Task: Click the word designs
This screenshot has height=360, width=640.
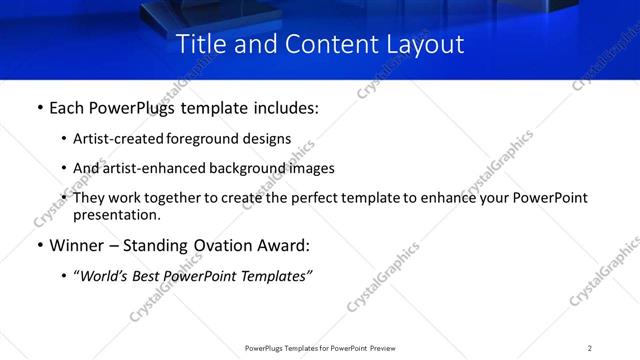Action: (x=266, y=139)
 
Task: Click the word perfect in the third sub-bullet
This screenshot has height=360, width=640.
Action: (x=296, y=198)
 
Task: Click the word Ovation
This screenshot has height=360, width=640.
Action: (x=224, y=245)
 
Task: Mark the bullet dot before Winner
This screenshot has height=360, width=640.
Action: (x=39, y=246)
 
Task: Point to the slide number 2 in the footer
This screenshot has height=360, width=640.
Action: (x=590, y=348)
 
